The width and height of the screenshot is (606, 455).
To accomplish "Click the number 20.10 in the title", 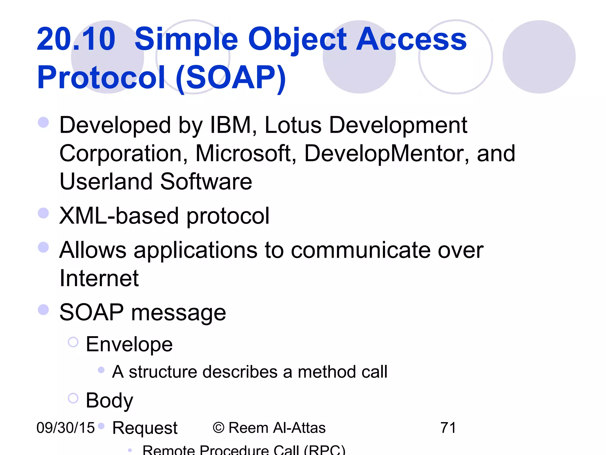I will pos(76,39).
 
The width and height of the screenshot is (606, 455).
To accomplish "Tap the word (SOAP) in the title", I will pos(231,78).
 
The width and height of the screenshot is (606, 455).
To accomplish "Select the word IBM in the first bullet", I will pos(231,125).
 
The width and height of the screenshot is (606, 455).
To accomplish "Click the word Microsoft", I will pos(246,153).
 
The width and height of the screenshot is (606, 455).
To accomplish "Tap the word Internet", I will pos(99,278).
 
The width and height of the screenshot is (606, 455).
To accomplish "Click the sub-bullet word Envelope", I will pos(129,344).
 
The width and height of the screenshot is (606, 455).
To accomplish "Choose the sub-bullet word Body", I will pos(109,400).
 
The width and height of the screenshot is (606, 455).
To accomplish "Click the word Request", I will pos(145,428).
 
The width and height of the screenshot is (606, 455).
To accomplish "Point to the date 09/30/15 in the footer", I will pos(65,428).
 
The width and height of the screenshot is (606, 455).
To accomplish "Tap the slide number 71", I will pos(448,428).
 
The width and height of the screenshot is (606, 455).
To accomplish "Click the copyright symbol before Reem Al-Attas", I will pos(219,428).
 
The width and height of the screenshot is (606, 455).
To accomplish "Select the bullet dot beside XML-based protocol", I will pos(43,213).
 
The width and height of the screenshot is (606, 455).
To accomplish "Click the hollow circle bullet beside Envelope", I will pos(73,342).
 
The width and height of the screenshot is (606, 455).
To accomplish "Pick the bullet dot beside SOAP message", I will pos(43,310).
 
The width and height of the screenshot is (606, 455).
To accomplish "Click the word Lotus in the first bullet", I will pos(293,125).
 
